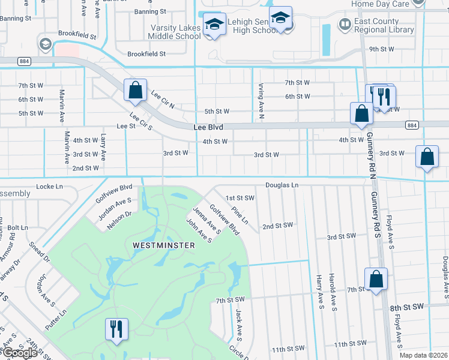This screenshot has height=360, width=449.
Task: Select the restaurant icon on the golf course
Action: coord(116,329)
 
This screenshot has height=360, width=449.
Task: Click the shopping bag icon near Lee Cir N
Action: coord(136,91)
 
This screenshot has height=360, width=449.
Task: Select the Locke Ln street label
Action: coord(50,187)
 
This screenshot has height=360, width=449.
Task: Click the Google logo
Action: coord(19,353)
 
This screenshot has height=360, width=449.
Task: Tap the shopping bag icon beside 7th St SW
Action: coord(376,279)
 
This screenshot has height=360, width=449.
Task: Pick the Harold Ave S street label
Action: coord(332,292)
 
